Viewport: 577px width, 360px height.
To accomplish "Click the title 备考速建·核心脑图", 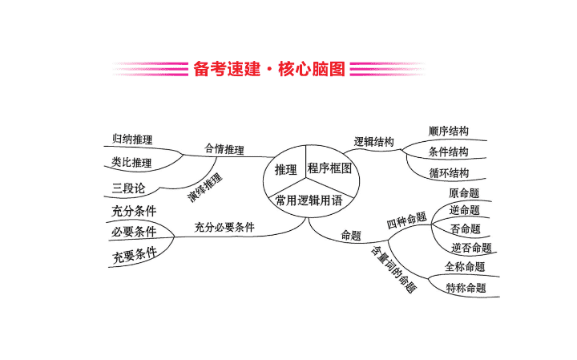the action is pos(269,69).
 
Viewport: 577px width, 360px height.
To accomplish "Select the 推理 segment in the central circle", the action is pos(285,170).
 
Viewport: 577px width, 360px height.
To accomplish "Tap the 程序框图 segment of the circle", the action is pos(329,168).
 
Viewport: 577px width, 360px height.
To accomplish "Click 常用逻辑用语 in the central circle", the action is pos(309,200).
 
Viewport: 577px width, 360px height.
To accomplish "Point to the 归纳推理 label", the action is pos(132,140).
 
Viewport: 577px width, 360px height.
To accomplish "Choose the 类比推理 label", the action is pos(131,162).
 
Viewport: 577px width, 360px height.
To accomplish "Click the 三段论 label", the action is pos(128,188).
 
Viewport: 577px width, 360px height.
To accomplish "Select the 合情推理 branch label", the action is pos(224,149).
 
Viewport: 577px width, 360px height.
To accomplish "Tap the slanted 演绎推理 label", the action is pos(205,188).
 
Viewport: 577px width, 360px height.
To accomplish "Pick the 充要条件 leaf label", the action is pos(135,255).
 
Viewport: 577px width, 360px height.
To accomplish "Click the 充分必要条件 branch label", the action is pos(224,227).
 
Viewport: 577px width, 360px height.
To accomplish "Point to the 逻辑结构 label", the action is pos(374,142).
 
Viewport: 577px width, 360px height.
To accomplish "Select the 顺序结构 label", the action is pos(449,131).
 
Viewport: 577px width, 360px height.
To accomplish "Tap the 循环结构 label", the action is pos(449,172).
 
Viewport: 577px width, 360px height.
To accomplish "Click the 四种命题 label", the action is pos(406,220).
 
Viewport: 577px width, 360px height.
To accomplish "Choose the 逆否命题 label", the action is pos(472,248).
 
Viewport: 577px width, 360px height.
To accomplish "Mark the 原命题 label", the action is pos(464,193).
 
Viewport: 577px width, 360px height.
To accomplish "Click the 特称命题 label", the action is pos(466,287).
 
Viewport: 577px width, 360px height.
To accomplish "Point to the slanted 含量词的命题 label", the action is pos(393,269).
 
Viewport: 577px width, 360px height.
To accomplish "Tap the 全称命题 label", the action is pos(465,266).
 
